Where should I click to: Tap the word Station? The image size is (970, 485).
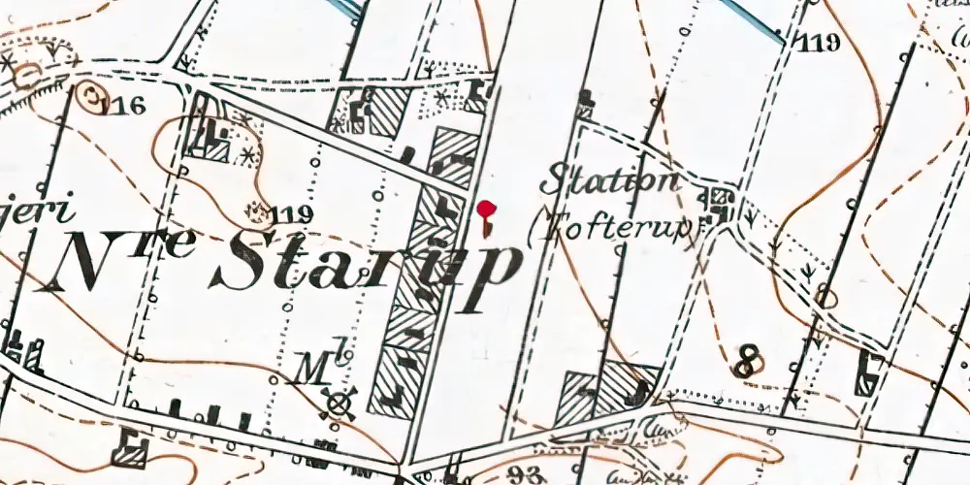click(x=609, y=180)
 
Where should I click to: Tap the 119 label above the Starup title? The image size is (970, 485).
click(x=291, y=215)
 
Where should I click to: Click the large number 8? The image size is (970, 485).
click(x=746, y=363)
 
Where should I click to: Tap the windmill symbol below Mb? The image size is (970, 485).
click(x=339, y=404)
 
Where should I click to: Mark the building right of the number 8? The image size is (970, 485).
click(x=866, y=371)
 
